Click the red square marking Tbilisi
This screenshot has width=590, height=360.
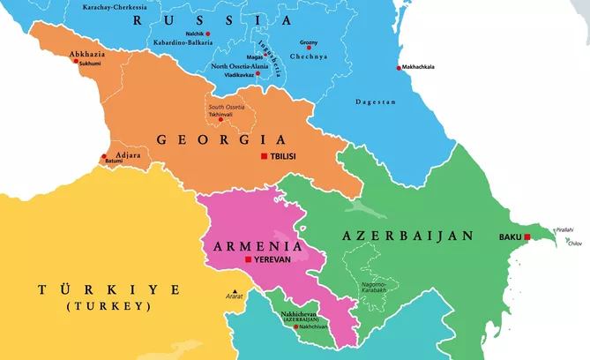(263, 157)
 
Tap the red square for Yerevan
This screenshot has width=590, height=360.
(247, 260)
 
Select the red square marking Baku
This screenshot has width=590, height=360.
(527, 237)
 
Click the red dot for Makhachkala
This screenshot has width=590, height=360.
(399, 68)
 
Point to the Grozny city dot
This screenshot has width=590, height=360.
(309, 47)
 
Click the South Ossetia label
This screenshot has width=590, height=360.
(228, 107)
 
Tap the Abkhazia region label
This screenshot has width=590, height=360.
(86, 54)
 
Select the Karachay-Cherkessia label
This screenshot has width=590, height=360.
(115, 7)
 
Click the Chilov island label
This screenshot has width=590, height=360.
(575, 243)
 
